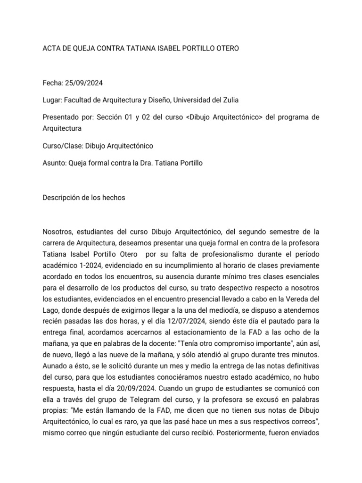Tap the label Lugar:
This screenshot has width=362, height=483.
[52, 100]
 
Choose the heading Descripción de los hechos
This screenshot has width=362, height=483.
[84, 198]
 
